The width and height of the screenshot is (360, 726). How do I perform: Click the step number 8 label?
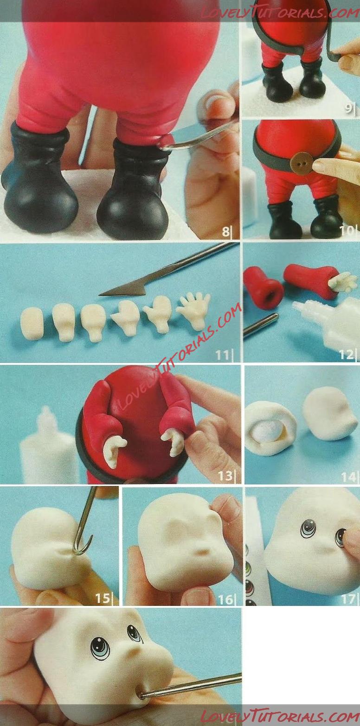(226, 232)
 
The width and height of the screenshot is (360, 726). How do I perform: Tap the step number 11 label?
(223, 355)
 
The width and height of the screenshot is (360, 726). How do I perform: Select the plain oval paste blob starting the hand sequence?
(32, 319)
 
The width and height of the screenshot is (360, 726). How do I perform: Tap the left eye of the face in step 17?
(308, 529)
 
